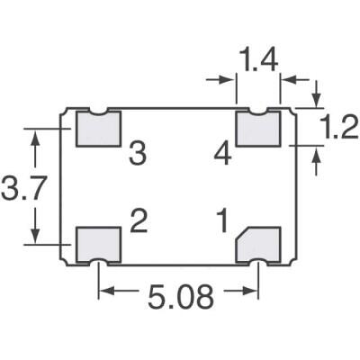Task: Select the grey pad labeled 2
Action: coord(97,243)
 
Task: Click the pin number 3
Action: coord(137,154)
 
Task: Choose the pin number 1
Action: coord(219,220)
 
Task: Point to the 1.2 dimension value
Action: coord(338,130)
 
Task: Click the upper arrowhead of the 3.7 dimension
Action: coord(36,134)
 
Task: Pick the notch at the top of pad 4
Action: coord(259,112)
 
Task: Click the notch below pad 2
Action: coord(98,262)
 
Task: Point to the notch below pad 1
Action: coord(259,262)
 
